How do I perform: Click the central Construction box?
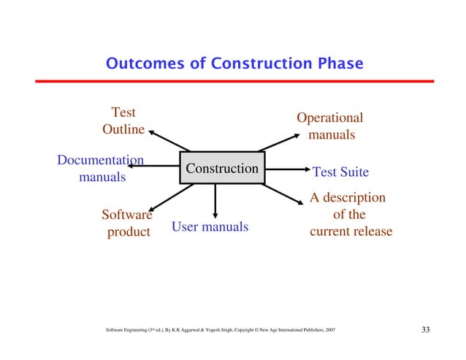pyautogui.click(x=222, y=169)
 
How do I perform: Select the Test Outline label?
pyautogui.click(x=123, y=121)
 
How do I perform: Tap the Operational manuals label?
pyautogui.click(x=330, y=126)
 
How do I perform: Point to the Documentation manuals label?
pyautogui.click(x=100, y=169)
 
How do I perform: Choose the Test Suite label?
pyautogui.click(x=340, y=172)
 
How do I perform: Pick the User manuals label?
pyautogui.click(x=210, y=227)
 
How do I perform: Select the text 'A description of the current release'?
pyautogui.click(x=350, y=215)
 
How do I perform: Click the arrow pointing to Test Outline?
pyautogui.click(x=169, y=141)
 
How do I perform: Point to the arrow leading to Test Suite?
pyautogui.click(x=285, y=169)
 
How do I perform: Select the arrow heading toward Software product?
pyautogui.click(x=169, y=198)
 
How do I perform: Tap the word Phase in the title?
pyautogui.click(x=337, y=64)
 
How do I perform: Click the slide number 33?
pyautogui.click(x=427, y=331)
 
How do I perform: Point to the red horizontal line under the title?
pyautogui.click(x=233, y=82)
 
